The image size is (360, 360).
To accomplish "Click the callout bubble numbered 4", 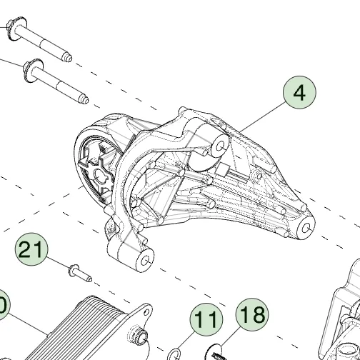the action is coord(299,92).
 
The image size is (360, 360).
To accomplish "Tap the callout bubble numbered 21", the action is coord(31,249).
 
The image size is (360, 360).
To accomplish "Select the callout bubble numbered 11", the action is coord(206,319).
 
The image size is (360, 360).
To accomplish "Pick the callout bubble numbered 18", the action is coord(252,314).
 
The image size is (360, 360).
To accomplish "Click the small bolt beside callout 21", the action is coord(80,273).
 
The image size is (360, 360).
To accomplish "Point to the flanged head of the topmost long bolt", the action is coord(16,29).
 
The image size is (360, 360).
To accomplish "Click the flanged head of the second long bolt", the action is coord(33,71).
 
